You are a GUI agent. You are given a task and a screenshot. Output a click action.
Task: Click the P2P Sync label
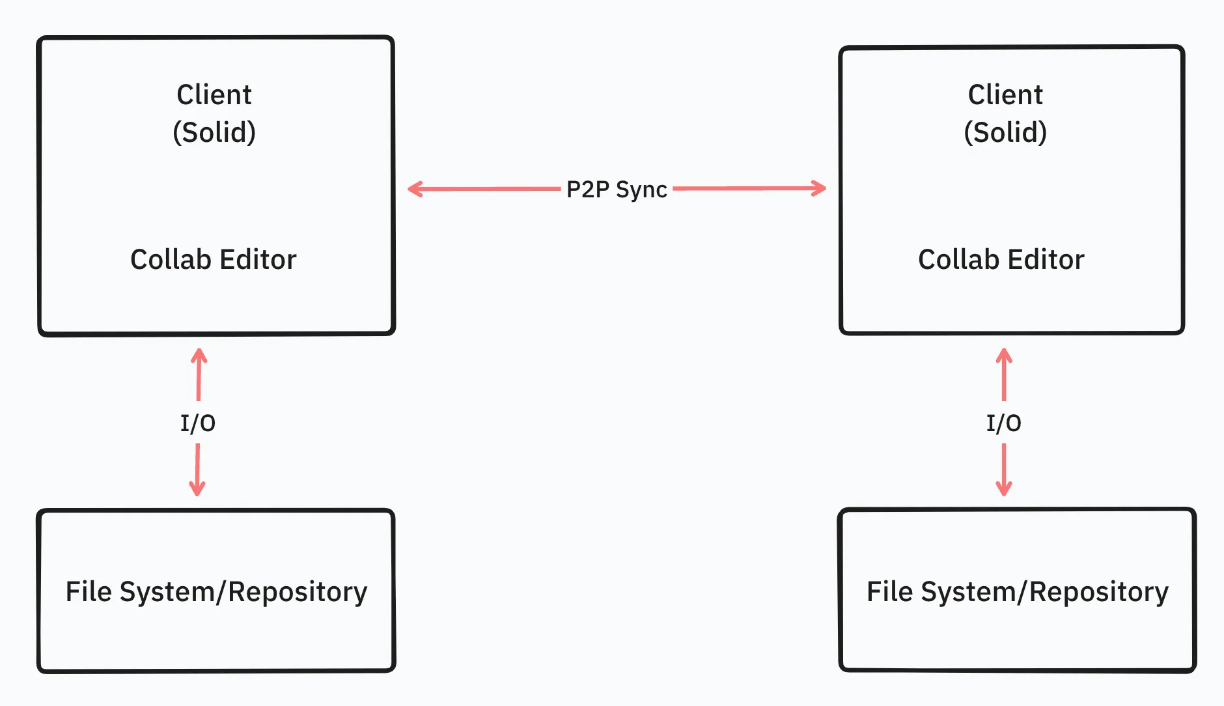[617, 190]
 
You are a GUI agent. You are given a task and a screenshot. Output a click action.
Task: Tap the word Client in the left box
[214, 95]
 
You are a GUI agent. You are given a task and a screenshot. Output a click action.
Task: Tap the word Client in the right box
[1005, 95]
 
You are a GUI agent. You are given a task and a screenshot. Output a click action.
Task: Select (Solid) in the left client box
[214, 132]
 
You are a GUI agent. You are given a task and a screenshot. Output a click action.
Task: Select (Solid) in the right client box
[1005, 132]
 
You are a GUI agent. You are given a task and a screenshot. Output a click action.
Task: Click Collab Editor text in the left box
[214, 260]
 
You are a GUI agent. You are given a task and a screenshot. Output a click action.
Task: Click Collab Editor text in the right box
[1001, 260]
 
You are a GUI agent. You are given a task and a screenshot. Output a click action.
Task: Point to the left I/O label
[198, 423]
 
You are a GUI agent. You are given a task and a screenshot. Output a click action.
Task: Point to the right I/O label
[1003, 423]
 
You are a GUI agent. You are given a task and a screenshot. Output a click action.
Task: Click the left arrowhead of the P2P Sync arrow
[413, 190]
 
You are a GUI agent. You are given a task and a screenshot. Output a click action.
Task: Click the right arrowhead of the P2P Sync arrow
[821, 189]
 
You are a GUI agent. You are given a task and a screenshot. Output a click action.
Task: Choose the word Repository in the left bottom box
[298, 593]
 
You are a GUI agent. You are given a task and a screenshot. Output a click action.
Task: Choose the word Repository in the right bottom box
[1099, 593]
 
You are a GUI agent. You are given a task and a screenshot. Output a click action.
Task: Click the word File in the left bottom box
[89, 592]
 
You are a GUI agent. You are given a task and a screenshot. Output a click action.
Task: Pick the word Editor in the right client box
[1047, 260]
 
